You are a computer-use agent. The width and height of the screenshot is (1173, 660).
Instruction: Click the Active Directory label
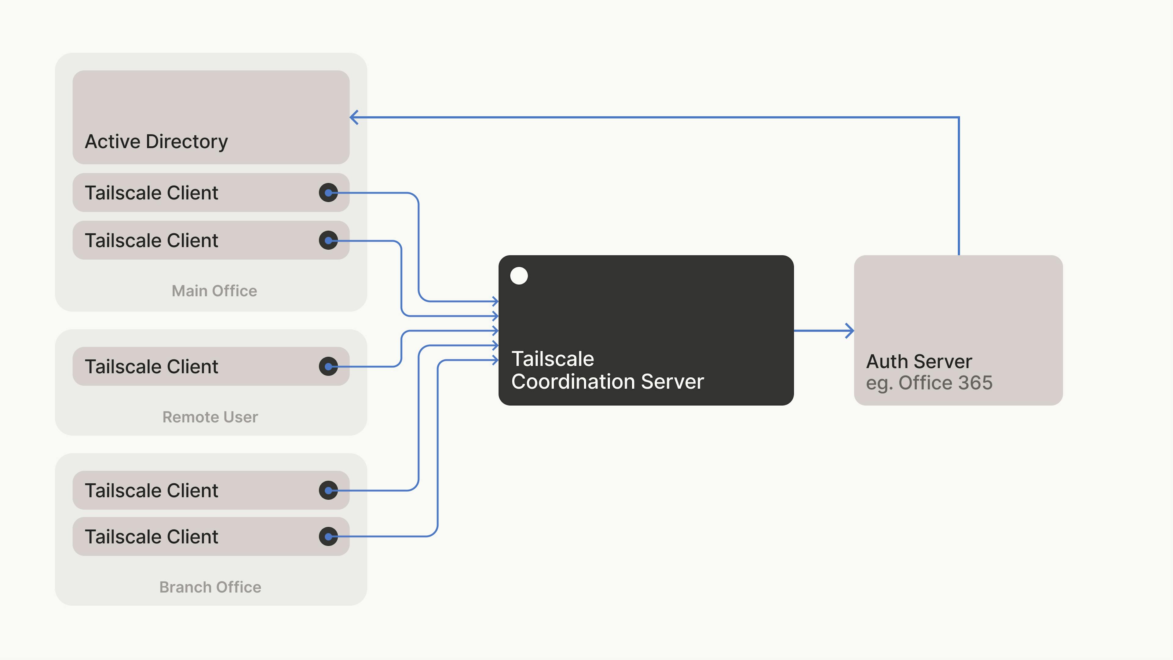[156, 142]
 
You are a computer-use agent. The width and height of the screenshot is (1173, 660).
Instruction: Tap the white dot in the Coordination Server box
[519, 276]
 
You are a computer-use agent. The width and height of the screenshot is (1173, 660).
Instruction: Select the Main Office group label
[214, 291]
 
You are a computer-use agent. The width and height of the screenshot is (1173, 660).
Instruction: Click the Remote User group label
[210, 417]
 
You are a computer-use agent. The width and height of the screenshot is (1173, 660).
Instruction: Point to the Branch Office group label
[210, 587]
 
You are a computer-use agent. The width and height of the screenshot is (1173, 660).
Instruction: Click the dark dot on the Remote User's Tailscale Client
[328, 366]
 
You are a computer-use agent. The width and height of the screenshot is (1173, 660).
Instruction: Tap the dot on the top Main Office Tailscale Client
[328, 193]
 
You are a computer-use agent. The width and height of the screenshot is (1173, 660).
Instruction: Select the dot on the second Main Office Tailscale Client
[328, 240]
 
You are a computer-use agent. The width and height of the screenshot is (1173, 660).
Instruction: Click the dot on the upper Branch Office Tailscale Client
[328, 490]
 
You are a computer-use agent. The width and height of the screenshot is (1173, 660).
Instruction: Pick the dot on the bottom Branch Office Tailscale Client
[328, 537]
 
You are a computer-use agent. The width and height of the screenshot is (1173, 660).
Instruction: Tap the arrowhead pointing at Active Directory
[354, 118]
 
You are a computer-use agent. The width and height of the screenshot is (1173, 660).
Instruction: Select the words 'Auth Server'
[919, 362]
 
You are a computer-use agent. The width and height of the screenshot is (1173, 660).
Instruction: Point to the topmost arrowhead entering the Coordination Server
[495, 301]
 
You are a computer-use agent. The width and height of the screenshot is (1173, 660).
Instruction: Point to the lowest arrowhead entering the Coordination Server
[495, 360]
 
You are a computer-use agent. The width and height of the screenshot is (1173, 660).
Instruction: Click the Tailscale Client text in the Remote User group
[151, 367]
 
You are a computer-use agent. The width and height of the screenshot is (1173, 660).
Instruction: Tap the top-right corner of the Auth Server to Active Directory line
[959, 118]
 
